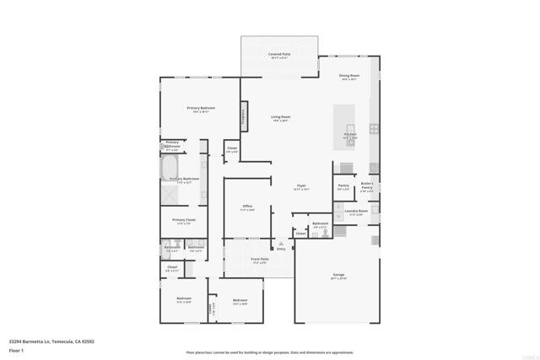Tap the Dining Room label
pyautogui.click(x=349, y=77)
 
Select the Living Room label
pyautogui.click(x=281, y=117)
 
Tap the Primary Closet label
pyautogui.click(x=185, y=222)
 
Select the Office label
pyautogui.click(x=248, y=207)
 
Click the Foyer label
pyautogui.click(x=301, y=186)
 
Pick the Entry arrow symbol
pyautogui.click(x=282, y=244)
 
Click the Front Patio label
pyautogui.click(x=260, y=260)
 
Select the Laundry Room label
pyautogui.click(x=356, y=212)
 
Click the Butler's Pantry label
pyautogui.click(x=367, y=185)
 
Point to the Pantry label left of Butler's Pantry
pyautogui.click(x=343, y=186)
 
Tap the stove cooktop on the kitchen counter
pyautogui.click(x=374, y=130)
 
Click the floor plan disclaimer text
pyautogui.click(x=270, y=352)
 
